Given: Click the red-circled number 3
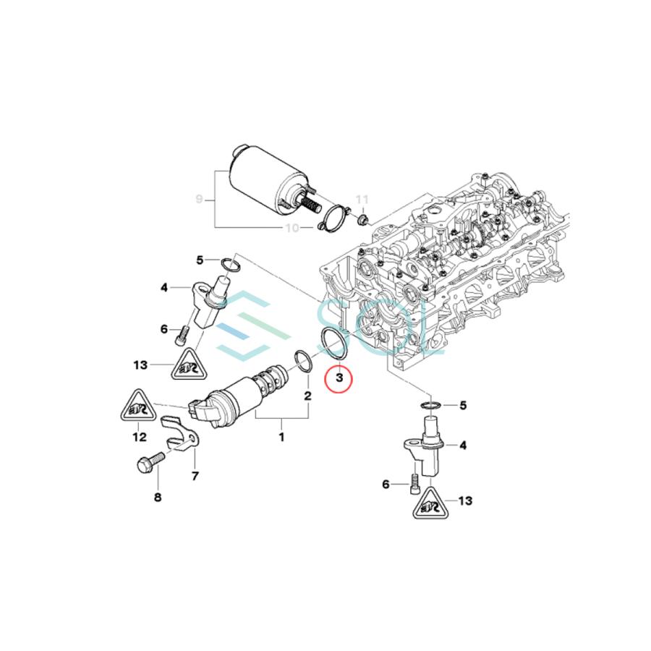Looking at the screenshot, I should (338, 378).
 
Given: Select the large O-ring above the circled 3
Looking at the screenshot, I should (332, 343).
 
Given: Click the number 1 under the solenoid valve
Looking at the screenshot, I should (282, 437).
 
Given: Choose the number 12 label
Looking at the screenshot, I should (139, 437).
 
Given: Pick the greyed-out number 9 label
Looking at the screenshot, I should (201, 197).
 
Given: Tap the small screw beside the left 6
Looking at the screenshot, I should (182, 333).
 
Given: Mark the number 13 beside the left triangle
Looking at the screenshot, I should (141, 365).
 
